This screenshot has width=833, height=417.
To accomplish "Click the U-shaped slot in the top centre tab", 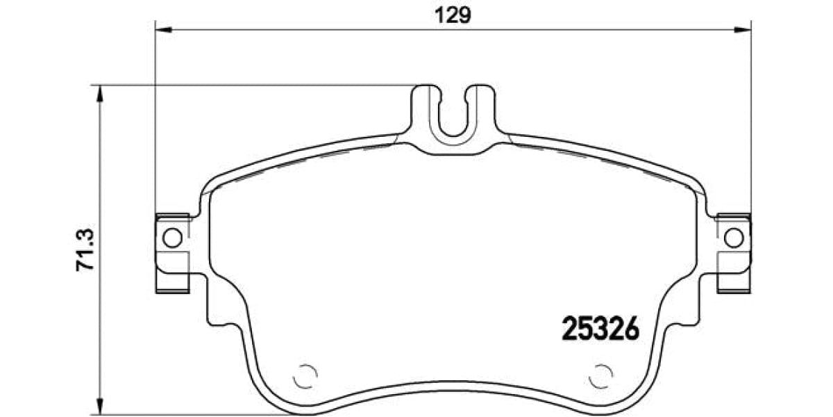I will (454, 115).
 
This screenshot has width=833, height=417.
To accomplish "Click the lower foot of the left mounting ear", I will (171, 281).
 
